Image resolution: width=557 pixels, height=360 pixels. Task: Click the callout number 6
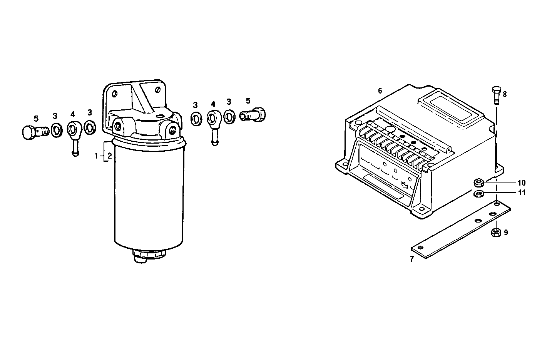380,91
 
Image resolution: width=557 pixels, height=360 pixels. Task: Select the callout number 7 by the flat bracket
411,259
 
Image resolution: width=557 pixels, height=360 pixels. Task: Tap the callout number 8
505,94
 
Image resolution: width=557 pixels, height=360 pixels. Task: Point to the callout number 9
506,233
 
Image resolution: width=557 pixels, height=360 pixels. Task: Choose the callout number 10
521,183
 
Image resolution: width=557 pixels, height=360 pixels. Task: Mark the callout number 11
521,193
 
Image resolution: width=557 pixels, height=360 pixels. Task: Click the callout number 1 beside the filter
97,156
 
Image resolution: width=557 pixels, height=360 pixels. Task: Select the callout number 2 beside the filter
109,156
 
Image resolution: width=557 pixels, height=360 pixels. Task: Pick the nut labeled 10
479,182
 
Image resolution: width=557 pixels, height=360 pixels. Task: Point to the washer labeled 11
479,193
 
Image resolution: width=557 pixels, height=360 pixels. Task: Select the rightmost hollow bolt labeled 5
253,115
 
